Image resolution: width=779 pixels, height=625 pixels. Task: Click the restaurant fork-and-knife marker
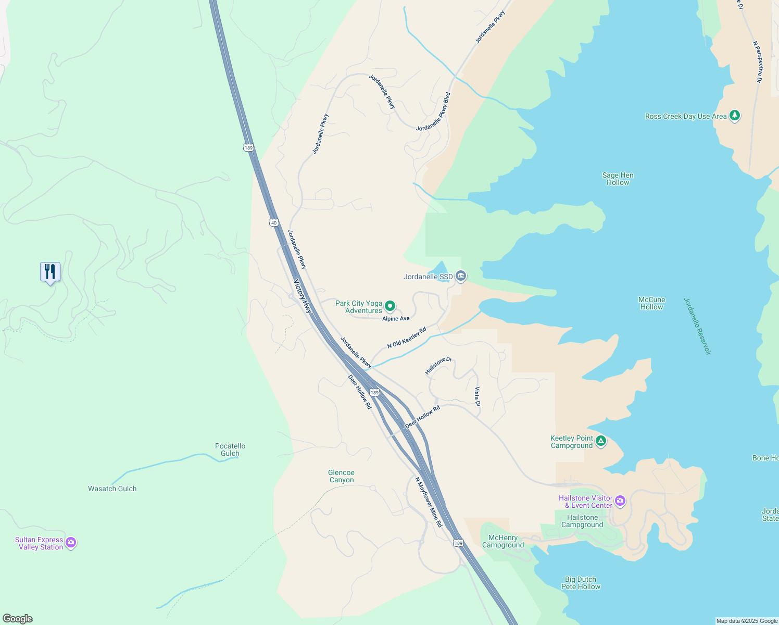point(50,271)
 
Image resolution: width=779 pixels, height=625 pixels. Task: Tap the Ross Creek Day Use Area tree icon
point(735,116)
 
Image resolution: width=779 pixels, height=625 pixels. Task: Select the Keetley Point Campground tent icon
point(601,442)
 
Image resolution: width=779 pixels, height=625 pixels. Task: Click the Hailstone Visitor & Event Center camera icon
point(620,502)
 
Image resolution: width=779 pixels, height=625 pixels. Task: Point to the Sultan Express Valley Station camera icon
point(71,543)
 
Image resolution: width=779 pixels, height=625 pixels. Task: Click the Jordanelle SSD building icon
point(460,276)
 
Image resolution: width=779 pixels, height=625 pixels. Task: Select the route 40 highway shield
point(274,222)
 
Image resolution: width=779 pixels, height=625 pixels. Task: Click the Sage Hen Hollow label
point(618,179)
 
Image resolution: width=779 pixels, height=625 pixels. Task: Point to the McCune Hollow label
point(651,303)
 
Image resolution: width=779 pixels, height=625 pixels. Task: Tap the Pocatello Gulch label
point(230,449)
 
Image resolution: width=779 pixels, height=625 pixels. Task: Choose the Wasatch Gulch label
point(112,489)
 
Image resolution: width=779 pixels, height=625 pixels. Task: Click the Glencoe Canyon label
point(341,476)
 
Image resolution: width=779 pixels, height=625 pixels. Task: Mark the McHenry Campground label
point(503,541)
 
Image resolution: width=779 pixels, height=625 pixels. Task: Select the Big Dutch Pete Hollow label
point(581,583)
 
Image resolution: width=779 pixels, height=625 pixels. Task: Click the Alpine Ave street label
point(396,318)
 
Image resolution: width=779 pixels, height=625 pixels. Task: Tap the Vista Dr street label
point(477,397)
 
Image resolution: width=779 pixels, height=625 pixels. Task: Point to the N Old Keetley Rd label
point(407,337)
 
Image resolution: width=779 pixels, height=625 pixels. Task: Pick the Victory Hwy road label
point(303,296)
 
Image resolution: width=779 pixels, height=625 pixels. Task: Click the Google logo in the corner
point(17,618)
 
